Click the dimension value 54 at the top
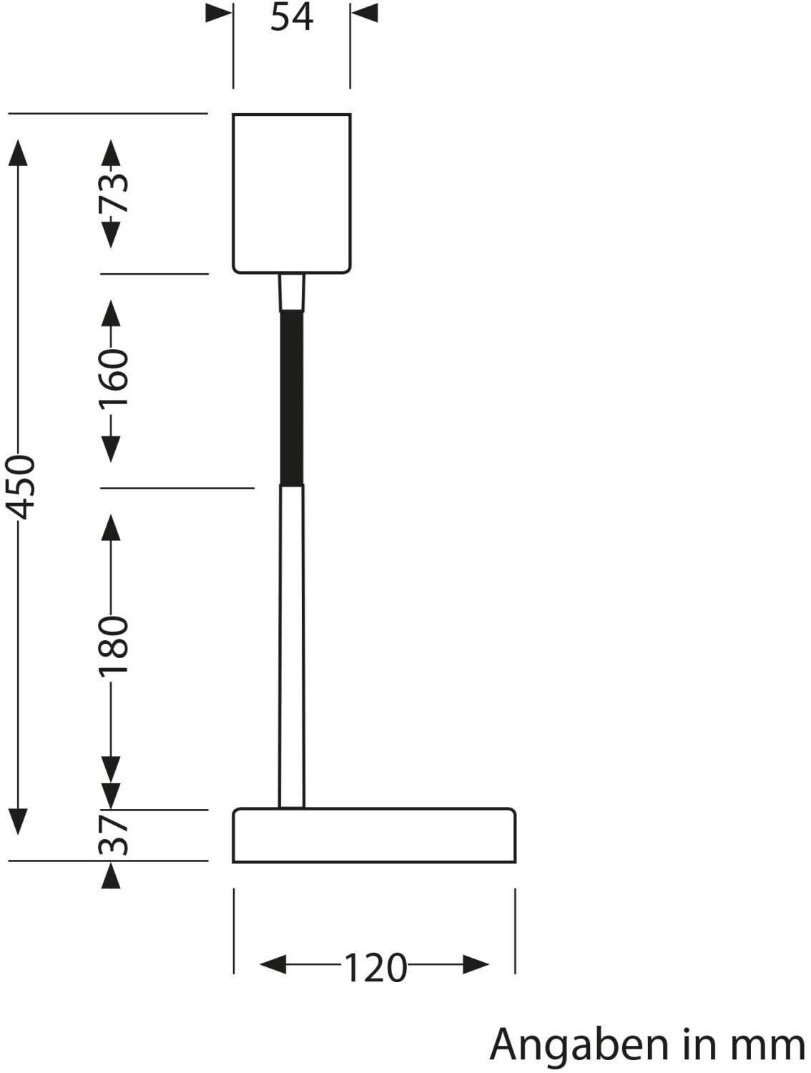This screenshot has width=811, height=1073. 292,17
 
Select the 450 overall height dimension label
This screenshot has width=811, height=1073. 20,487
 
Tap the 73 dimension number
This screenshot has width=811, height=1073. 113,193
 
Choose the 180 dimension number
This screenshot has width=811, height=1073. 113,646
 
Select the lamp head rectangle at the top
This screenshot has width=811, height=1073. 291,194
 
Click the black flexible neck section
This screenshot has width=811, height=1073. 292,398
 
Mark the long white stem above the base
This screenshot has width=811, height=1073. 292,646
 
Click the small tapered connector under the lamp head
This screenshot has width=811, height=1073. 292,293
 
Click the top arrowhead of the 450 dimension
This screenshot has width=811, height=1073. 18,153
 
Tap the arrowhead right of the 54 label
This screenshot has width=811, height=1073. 365,13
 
